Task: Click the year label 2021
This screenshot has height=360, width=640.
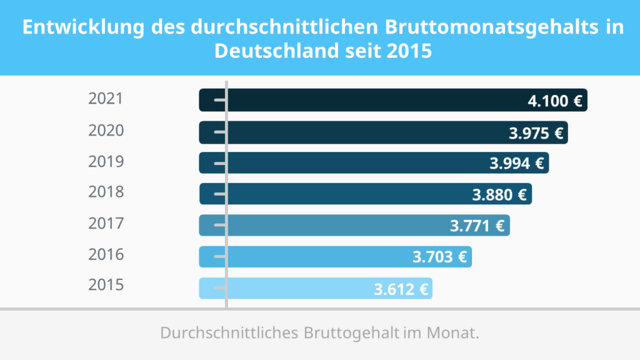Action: click(x=106, y=99)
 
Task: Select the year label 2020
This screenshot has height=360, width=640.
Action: click(x=106, y=131)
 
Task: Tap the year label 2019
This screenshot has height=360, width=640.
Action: click(x=106, y=162)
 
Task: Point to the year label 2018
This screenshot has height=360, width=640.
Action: click(x=106, y=192)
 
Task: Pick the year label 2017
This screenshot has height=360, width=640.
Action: click(x=106, y=223)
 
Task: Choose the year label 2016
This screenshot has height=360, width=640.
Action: click(x=106, y=254)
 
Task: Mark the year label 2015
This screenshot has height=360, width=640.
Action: click(x=106, y=285)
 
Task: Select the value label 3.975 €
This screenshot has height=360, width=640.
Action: click(x=536, y=132)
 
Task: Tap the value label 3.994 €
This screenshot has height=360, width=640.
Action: click(x=517, y=164)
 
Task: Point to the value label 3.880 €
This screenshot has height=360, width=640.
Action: click(x=499, y=194)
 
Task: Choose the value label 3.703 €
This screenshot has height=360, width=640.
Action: click(x=439, y=257)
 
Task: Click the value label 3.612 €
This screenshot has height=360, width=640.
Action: click(x=401, y=289)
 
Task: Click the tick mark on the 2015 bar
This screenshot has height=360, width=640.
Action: click(x=219, y=289)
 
